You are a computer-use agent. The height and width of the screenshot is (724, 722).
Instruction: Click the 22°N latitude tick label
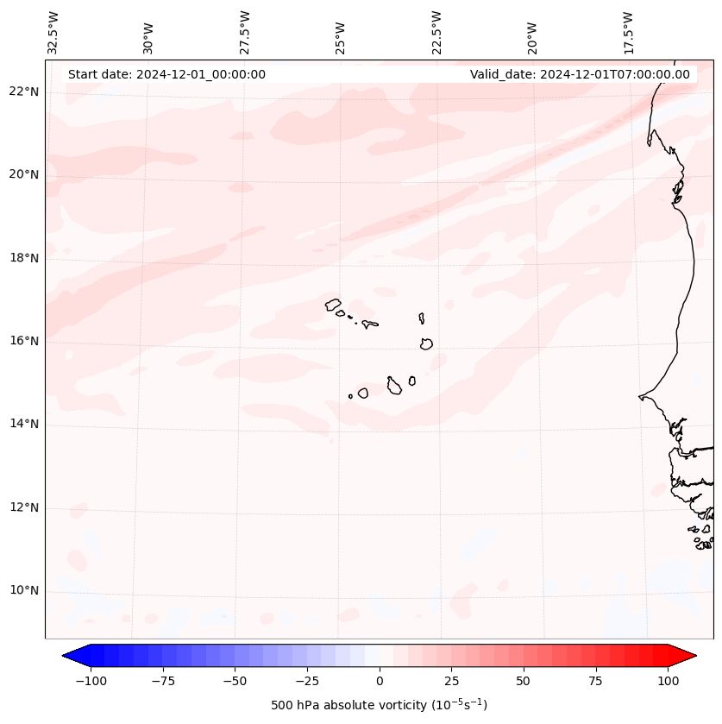23,91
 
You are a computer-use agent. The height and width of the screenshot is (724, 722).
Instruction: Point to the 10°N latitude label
23,591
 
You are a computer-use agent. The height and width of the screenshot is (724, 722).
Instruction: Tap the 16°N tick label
23,341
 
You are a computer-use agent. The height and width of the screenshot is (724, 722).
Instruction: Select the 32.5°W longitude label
53,32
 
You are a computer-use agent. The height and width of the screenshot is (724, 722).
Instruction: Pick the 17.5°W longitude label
628,32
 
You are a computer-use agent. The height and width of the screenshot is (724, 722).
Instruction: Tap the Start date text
166,74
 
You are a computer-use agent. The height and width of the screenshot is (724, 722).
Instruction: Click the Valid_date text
580,74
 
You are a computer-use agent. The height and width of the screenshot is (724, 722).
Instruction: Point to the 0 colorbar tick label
380,681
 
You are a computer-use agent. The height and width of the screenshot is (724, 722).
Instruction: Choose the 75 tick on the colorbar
595,681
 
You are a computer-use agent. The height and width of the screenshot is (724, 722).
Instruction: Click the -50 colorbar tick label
235,681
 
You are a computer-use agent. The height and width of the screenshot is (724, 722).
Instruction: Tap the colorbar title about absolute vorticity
380,705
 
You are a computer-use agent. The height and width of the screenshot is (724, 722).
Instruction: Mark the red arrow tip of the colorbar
693,656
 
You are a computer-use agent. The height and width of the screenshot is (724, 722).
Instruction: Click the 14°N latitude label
23,425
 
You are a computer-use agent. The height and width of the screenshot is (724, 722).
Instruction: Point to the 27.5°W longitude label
245,32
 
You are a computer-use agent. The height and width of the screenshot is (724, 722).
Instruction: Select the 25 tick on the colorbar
451,681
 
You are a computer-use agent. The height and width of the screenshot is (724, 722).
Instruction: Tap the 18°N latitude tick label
23,258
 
